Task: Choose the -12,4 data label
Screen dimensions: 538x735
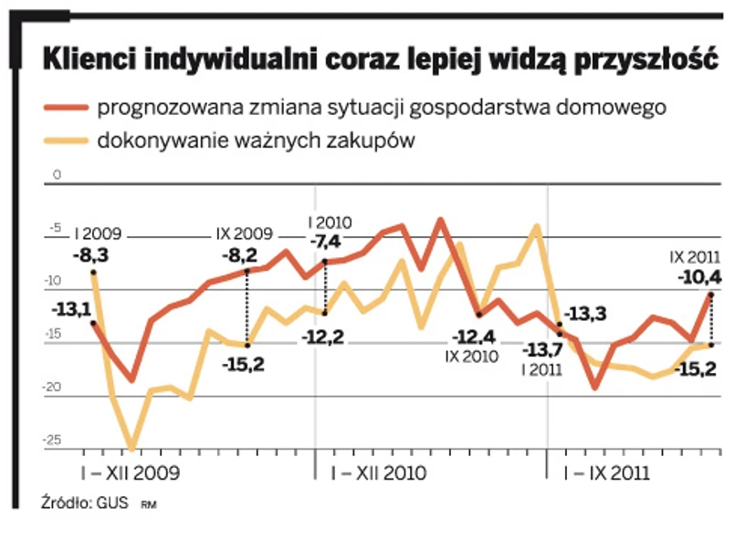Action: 476,336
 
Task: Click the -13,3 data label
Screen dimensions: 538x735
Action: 586,315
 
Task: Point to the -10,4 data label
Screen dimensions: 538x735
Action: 699,277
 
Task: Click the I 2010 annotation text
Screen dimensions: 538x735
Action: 330,222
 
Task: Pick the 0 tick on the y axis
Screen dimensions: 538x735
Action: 56,172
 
